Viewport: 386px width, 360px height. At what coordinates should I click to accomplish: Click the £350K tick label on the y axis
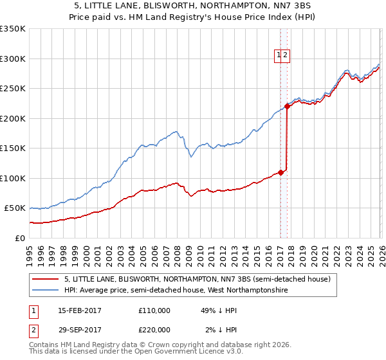13,29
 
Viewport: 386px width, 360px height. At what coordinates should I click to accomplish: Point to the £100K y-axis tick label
13,178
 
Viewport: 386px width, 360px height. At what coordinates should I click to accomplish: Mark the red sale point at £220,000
287,107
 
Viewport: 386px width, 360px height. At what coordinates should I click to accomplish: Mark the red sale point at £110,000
280,172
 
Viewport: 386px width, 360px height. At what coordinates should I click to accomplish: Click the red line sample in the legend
45,280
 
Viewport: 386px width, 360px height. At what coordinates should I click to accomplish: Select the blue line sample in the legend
45,291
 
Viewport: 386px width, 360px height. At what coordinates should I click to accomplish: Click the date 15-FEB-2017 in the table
79,310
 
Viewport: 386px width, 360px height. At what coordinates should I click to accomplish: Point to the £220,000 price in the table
154,330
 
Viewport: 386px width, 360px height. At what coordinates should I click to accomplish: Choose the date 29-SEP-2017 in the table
79,330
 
